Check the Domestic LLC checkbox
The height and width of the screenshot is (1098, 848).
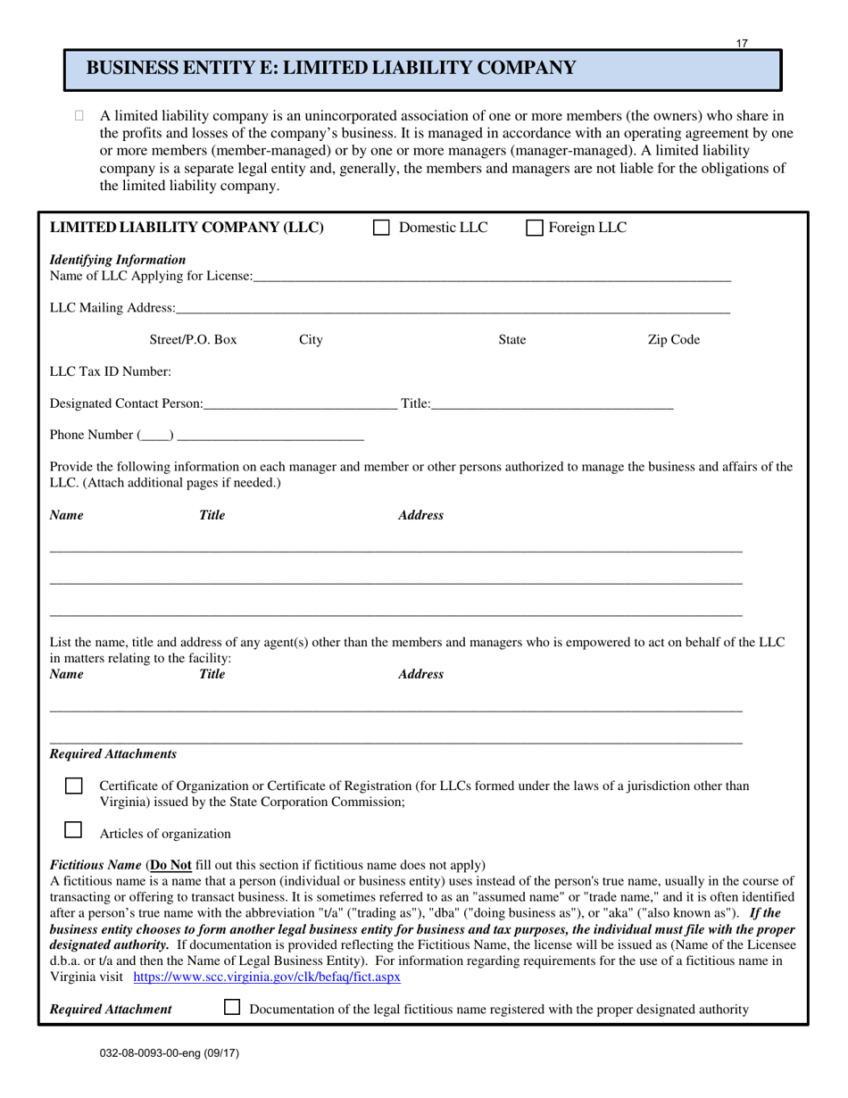point(381,228)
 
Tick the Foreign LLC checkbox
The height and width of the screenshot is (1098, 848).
point(535,228)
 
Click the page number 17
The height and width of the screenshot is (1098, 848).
point(743,43)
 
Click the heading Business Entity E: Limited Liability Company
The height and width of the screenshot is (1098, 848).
point(330,68)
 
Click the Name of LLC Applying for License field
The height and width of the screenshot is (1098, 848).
point(491,276)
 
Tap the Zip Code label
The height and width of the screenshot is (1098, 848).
point(673,339)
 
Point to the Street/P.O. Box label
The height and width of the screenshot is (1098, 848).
point(193,339)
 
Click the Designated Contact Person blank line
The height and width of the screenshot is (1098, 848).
point(300,403)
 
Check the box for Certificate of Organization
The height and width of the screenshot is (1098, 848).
point(74,786)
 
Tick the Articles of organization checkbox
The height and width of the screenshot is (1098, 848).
point(74,829)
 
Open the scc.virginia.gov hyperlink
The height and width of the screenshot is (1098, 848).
point(267,977)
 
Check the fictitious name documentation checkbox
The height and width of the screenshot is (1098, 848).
point(232,1007)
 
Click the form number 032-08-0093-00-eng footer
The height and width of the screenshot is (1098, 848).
point(170,1052)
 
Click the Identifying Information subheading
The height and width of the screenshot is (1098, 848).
point(118,260)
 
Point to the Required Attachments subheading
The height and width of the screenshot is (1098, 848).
point(112,754)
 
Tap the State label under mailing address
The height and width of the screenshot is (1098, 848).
point(511,339)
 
